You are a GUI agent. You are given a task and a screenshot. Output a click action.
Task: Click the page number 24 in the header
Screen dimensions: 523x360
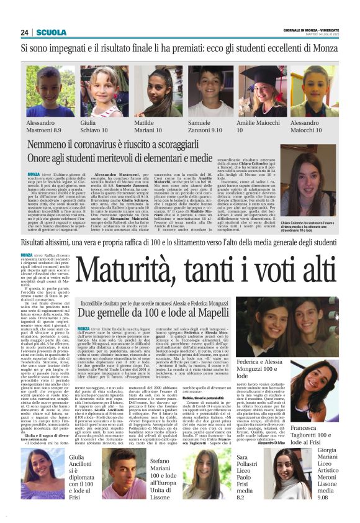25,32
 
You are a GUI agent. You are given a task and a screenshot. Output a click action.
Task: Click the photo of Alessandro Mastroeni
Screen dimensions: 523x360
45,92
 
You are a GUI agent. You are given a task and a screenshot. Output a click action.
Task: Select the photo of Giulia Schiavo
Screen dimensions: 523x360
99,92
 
